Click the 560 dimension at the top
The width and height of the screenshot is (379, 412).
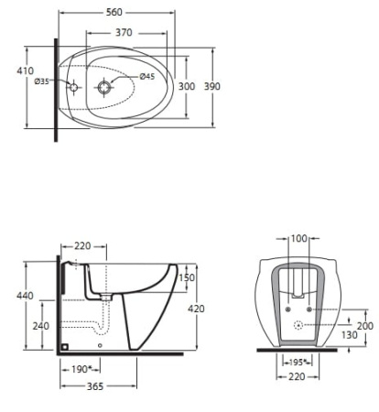[x=114, y=12]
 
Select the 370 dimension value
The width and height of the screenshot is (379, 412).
[x=124, y=32]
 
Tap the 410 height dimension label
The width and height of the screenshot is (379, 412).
[x=25, y=70]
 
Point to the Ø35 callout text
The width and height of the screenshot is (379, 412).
[x=41, y=81]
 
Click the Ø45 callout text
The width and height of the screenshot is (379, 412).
[x=147, y=77]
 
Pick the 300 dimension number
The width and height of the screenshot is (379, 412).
[x=187, y=86]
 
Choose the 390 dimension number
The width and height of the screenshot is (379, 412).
[x=212, y=86]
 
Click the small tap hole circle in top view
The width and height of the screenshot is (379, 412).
[x=73, y=87]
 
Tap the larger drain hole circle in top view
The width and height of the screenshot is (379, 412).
[x=105, y=87]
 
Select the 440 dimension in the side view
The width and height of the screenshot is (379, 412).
[x=25, y=296]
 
